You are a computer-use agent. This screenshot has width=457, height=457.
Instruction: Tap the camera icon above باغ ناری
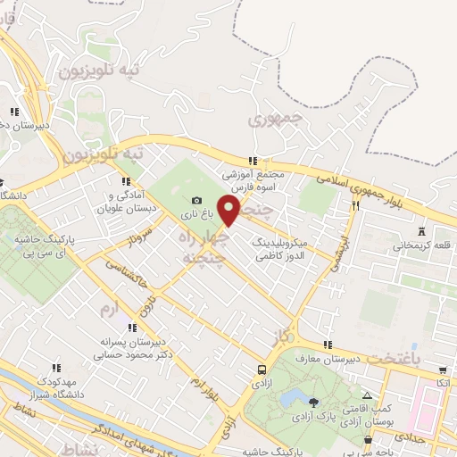196,201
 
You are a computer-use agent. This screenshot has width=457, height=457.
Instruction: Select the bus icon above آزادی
261,369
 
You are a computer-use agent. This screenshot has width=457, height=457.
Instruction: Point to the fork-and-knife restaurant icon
355,204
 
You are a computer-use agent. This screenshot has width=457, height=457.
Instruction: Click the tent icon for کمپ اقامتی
367,395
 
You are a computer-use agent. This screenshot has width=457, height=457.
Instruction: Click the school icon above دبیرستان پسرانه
132,328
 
